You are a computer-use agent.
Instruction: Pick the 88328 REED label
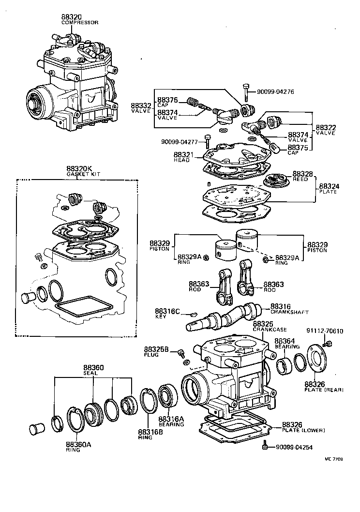[302, 176]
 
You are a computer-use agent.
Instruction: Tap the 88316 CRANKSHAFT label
[289, 309]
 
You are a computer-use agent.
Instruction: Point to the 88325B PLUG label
[156, 351]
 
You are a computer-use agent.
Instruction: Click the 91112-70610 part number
[325, 331]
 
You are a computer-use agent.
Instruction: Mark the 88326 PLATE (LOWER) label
[302, 427]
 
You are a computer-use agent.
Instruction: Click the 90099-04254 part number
[293, 447]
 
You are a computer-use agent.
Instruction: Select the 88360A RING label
[78, 446]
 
